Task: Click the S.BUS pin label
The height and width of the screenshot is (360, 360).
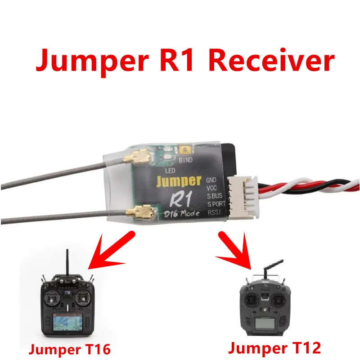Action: coord(214,196)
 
